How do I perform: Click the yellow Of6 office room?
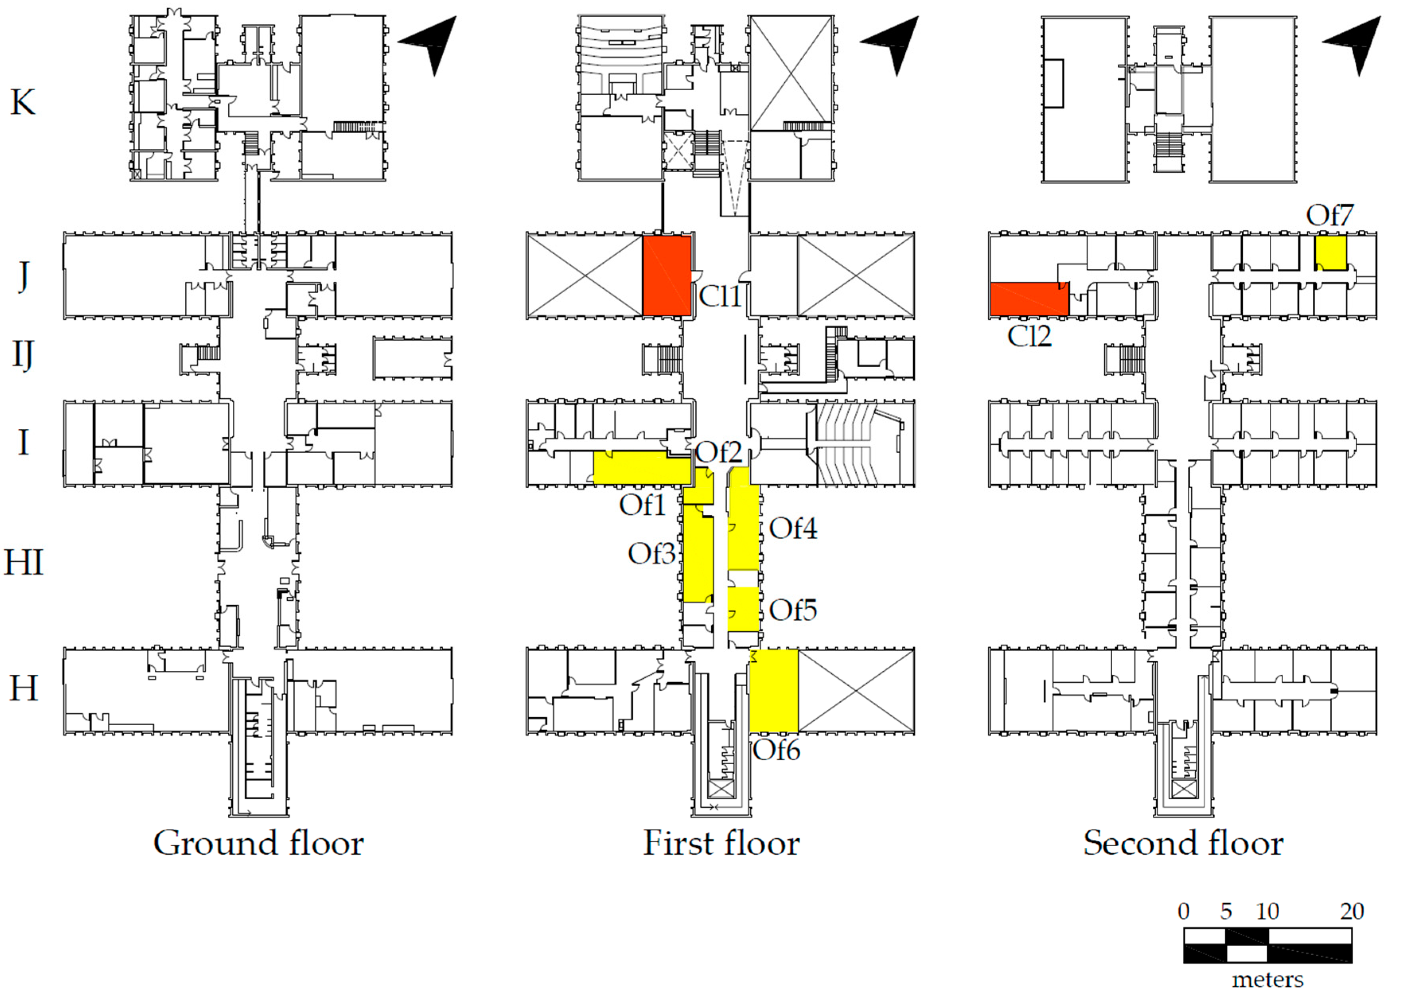[x=773, y=691]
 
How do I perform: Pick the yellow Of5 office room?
[x=743, y=609]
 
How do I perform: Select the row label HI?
[x=24, y=562]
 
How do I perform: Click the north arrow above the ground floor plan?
[x=433, y=43]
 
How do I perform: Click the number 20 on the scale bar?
[x=1351, y=911]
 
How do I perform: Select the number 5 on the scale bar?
[x=1226, y=911]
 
